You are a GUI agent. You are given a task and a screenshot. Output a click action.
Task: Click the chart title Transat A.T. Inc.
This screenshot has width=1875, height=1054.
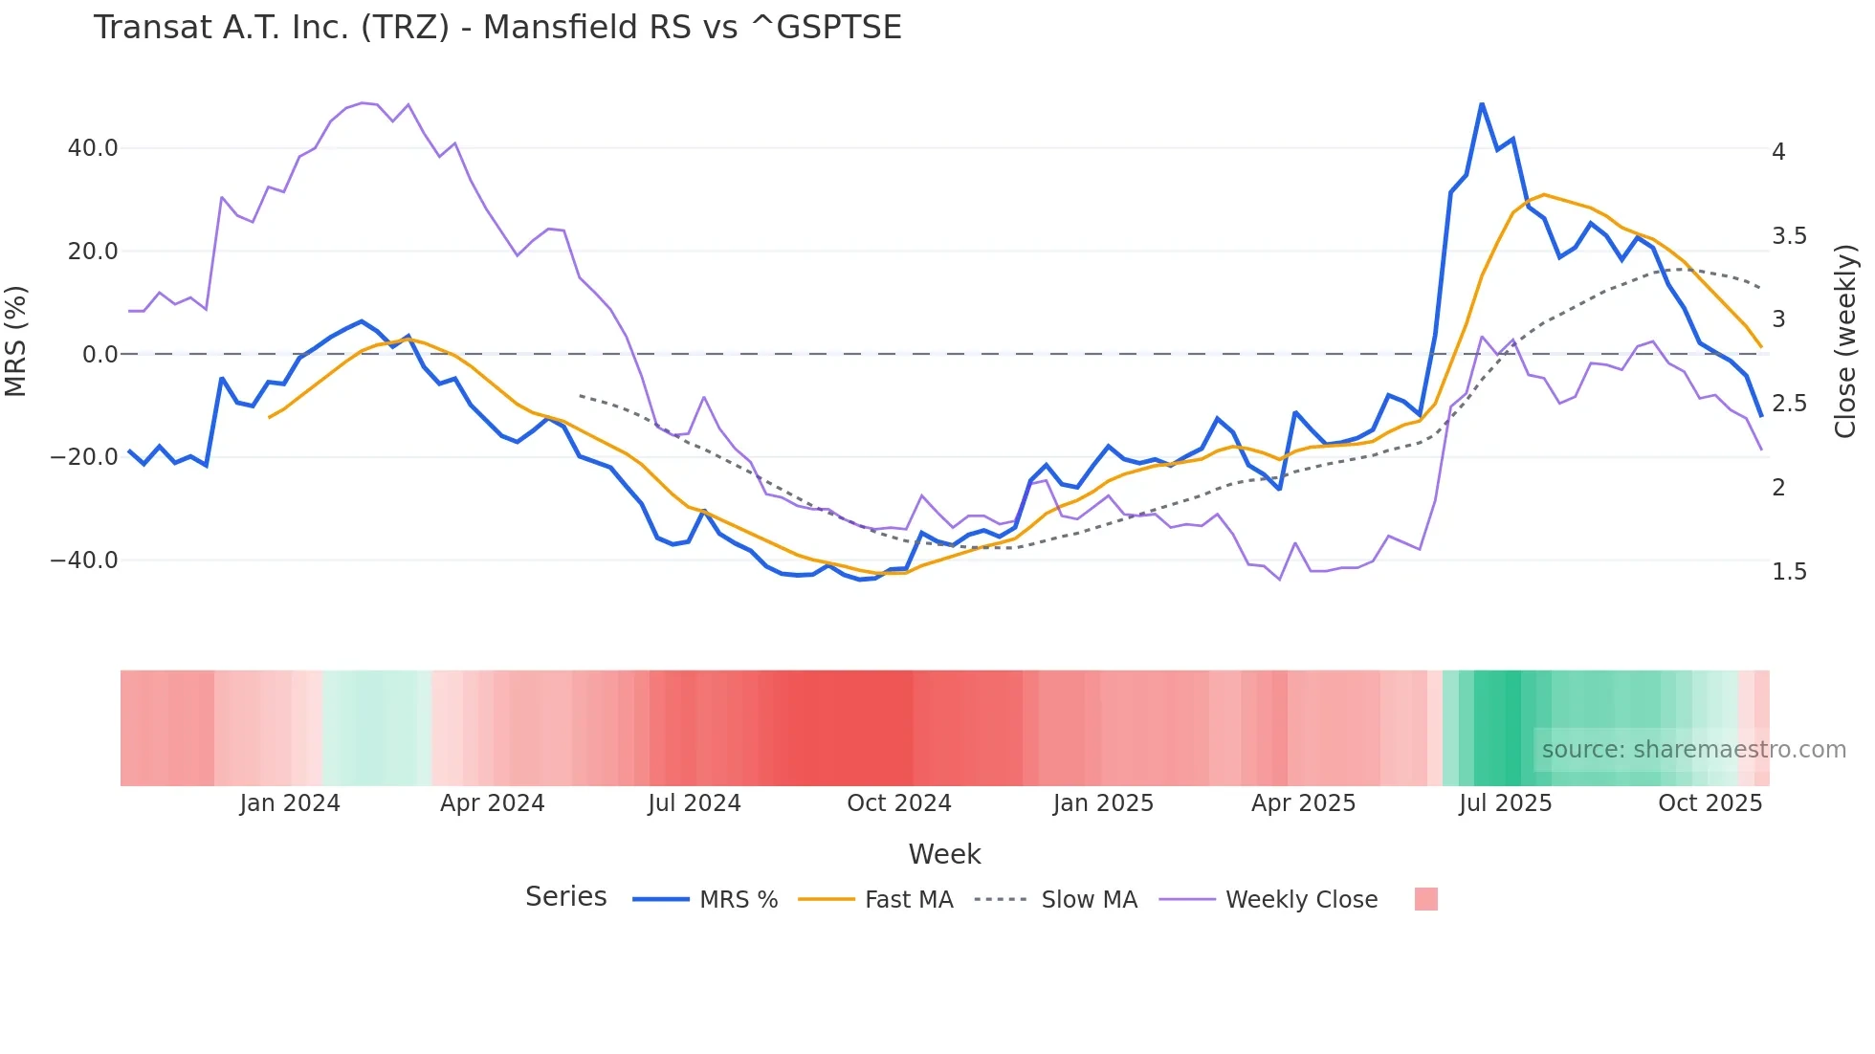click(x=496, y=28)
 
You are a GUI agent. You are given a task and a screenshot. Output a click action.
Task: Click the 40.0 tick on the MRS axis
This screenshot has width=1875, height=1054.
click(x=93, y=148)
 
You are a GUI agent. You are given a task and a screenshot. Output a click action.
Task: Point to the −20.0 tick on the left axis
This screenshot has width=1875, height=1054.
click(x=84, y=457)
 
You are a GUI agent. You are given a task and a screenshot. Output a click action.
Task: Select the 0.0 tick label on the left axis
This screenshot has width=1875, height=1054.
click(x=99, y=355)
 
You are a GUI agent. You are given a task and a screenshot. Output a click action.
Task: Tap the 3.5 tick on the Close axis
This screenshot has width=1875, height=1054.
click(x=1789, y=236)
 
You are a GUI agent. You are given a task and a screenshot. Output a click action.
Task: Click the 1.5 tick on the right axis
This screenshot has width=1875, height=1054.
click(x=1789, y=572)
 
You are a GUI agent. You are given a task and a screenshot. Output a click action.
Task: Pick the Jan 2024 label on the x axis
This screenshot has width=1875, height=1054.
click(x=290, y=803)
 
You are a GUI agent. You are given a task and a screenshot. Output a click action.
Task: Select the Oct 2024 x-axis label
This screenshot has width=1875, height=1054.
click(x=898, y=803)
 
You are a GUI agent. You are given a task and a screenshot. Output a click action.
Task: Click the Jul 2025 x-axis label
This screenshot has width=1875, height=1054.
click(x=1505, y=803)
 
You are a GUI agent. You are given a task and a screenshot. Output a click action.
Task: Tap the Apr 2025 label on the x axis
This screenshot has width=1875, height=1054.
click(x=1303, y=803)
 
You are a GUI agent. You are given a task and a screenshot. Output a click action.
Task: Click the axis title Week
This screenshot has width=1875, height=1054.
click(x=944, y=854)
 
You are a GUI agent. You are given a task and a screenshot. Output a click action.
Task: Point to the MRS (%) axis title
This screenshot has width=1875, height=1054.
click(x=16, y=341)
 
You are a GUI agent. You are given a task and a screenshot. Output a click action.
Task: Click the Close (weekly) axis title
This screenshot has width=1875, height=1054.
click(x=1845, y=341)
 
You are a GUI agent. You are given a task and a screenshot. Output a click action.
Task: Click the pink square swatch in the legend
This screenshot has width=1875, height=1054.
click(x=1425, y=899)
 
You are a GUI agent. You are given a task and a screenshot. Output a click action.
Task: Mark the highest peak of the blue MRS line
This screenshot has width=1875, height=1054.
click(x=1482, y=104)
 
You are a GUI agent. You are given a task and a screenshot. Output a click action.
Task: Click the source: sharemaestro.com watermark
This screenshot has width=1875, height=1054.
click(x=1693, y=750)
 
